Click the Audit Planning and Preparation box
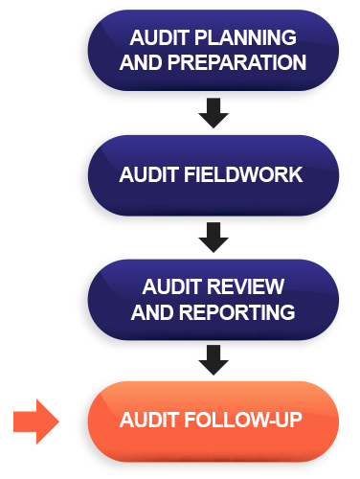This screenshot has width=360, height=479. pos(213,50)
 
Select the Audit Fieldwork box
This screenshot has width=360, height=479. pos(213,175)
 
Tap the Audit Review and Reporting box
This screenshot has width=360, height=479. pos(213,299)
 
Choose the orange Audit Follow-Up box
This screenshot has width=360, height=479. pos(213,422)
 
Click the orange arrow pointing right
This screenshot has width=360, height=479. pos(37,422)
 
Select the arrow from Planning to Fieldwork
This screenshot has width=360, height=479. pos(214,113)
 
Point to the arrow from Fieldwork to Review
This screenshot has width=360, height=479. pos(214,237)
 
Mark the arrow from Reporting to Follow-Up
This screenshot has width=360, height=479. pos(214,360)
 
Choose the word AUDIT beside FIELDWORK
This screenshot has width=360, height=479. pos(148,175)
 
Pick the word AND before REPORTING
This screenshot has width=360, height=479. pos(150,311)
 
